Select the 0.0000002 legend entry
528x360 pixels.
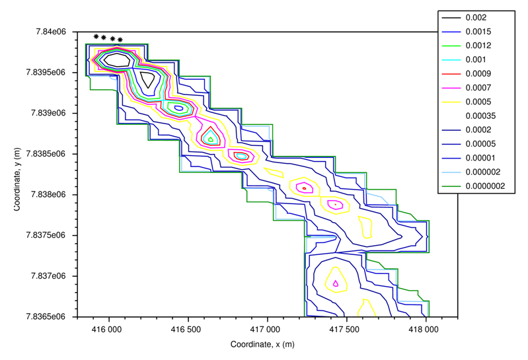[484, 186]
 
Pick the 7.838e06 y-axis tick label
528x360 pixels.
[52, 195]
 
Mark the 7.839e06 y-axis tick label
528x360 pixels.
[52, 114]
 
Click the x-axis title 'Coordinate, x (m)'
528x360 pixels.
[267, 345]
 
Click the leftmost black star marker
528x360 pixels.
[96, 36]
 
